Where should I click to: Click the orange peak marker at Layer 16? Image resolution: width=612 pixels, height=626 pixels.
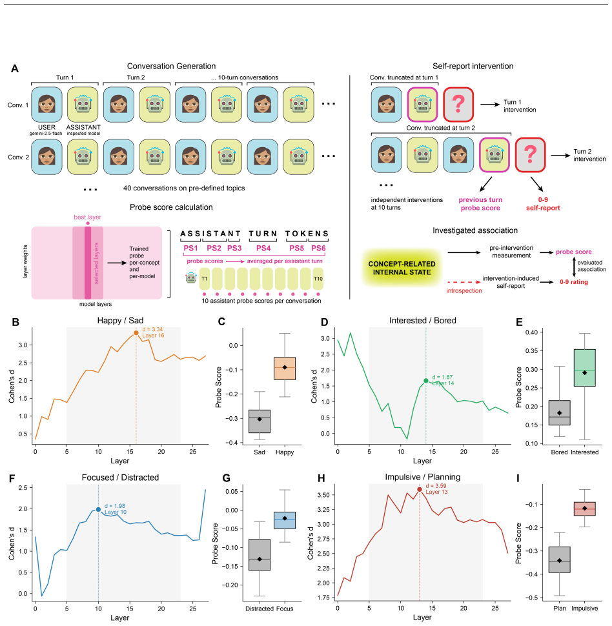pyautogui.click(x=136, y=332)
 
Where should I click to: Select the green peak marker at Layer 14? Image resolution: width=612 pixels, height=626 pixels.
pyautogui.click(x=426, y=381)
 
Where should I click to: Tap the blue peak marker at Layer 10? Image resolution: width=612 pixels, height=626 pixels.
pyautogui.click(x=98, y=509)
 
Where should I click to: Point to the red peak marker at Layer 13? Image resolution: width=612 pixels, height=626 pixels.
pyautogui.click(x=420, y=489)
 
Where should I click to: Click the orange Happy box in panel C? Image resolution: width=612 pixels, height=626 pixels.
pyautogui.click(x=285, y=368)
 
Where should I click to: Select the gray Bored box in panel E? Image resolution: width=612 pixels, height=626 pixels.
pyautogui.click(x=559, y=412)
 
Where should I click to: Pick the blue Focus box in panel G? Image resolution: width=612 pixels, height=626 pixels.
pyautogui.click(x=285, y=520)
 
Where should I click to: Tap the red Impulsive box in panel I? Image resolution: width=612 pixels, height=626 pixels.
pyautogui.click(x=584, y=509)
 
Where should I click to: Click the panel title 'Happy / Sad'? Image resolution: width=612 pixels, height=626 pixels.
pyautogui.click(x=120, y=320)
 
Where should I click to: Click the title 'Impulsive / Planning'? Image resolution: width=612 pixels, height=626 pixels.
pyautogui.click(x=423, y=477)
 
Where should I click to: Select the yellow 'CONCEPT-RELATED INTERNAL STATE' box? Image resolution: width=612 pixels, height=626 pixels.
pyautogui.click(x=402, y=268)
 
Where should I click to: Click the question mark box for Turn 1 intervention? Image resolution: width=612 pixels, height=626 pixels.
pyautogui.click(x=458, y=104)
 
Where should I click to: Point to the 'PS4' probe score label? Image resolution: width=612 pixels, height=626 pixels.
pyautogui.click(x=263, y=248)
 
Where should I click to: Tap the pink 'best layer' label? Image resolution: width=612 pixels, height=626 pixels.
pyautogui.click(x=88, y=217)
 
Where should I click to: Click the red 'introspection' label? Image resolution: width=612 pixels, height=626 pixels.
pyautogui.click(x=464, y=290)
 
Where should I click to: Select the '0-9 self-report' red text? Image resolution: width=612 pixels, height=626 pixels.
pyautogui.click(x=543, y=203)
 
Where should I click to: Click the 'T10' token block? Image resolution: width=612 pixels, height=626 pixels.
pyautogui.click(x=318, y=279)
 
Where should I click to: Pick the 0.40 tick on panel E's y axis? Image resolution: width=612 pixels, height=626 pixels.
pyautogui.click(x=534, y=332)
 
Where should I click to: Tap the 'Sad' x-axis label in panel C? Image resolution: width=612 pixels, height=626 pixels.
pyautogui.click(x=260, y=452)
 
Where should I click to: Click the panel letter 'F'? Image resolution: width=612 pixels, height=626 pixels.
pyautogui.click(x=12, y=478)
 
